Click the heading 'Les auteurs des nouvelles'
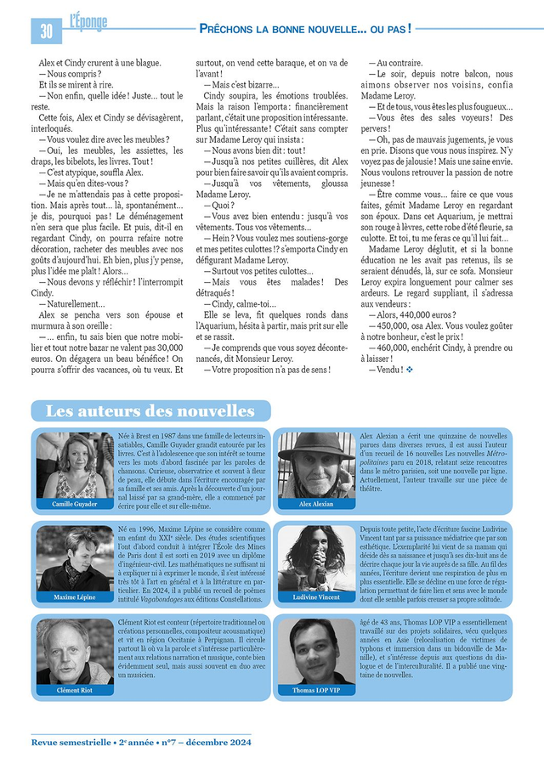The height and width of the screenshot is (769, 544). (x=150, y=411)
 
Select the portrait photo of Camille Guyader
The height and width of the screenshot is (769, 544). (x=75, y=465)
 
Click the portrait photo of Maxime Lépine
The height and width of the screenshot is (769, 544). (x=75, y=558)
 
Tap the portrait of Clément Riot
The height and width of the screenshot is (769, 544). (x=75, y=653)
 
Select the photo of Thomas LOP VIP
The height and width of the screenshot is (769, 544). (x=316, y=653)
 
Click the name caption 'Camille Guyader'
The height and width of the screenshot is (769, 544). (x=75, y=504)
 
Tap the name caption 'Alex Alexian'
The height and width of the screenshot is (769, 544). (x=316, y=504)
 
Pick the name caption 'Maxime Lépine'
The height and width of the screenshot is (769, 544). (x=75, y=597)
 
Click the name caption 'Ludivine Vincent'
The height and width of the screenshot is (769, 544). (x=316, y=597)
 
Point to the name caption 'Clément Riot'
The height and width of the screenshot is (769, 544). (x=75, y=691)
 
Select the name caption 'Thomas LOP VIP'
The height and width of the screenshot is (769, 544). (x=316, y=691)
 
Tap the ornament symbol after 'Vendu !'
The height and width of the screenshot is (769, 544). (x=410, y=370)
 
